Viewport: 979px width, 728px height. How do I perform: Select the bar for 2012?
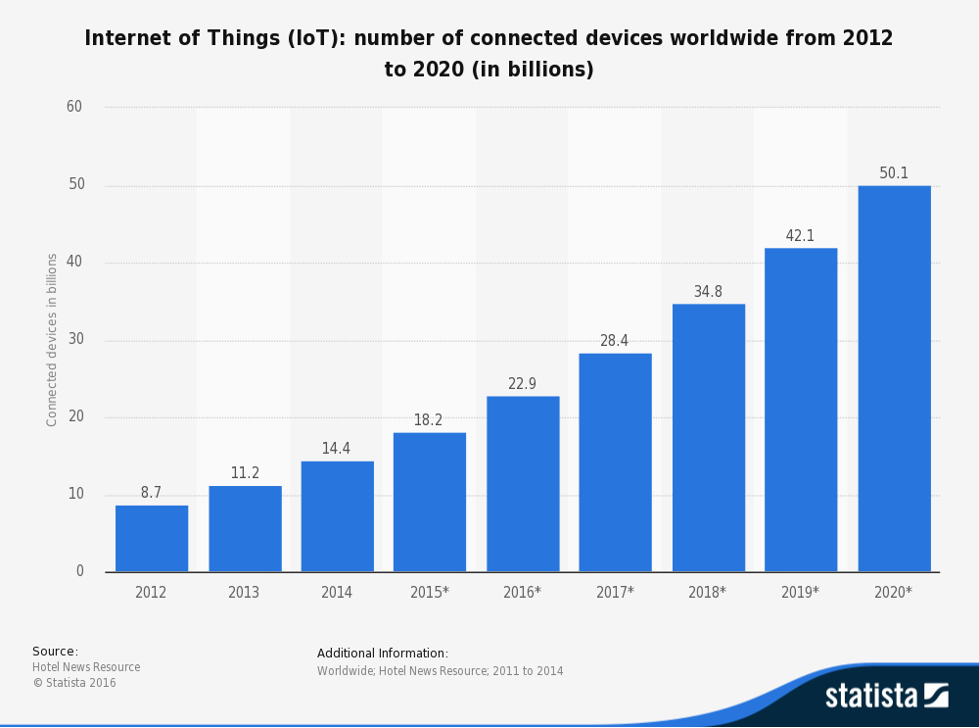pyautogui.click(x=152, y=539)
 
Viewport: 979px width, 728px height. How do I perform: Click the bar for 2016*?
pyautogui.click(x=523, y=484)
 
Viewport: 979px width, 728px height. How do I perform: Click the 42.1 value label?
pyautogui.click(x=800, y=236)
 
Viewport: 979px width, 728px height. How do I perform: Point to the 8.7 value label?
pyautogui.click(x=151, y=493)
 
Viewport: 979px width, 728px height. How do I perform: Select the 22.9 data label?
pyautogui.click(x=522, y=384)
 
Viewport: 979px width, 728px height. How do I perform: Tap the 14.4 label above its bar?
pyautogui.click(x=336, y=449)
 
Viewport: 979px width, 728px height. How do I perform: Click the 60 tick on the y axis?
pyautogui.click(x=74, y=107)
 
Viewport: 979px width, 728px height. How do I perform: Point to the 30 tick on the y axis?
pyautogui.click(x=75, y=339)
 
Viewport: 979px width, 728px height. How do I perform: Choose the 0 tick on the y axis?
pyautogui.click(x=80, y=571)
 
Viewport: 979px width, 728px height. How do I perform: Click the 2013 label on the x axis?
pyautogui.click(x=244, y=593)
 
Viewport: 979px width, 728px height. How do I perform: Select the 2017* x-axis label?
pyautogui.click(x=615, y=593)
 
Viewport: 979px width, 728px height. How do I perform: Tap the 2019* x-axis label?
pyautogui.click(x=800, y=593)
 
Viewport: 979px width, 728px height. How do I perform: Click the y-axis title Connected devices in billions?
pyautogui.click(x=52, y=340)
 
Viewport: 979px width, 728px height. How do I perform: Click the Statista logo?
pyautogui.click(x=886, y=696)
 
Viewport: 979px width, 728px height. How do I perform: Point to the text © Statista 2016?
pyautogui.click(x=74, y=683)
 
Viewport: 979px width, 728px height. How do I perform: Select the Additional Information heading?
pyautogui.click(x=382, y=654)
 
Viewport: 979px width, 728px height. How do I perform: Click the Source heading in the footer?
pyautogui.click(x=55, y=652)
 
